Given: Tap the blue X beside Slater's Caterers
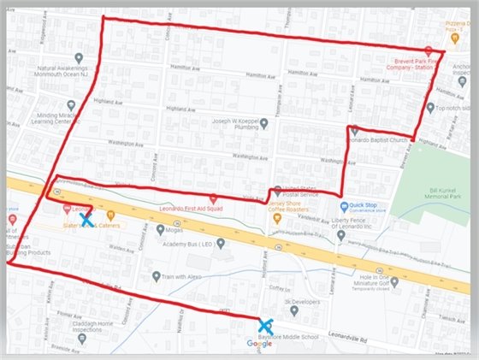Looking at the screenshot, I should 86,220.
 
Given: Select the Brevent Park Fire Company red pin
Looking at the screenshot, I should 429,51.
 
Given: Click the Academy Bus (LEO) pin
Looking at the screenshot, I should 220,243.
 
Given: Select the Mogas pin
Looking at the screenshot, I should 161,229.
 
